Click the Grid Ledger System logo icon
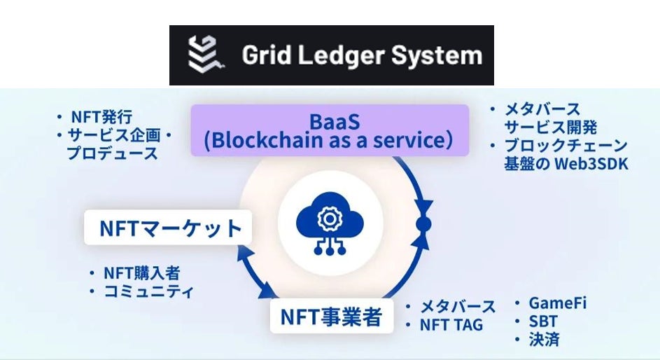click(204, 54)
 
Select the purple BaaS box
click(330, 130)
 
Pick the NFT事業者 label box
click(331, 317)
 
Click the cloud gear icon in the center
click(328, 225)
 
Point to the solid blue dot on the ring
click(423, 224)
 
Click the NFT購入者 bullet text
click(146, 273)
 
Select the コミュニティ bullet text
click(149, 291)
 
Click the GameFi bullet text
click(557, 303)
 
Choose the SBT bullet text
click(543, 321)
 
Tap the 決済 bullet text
click(544, 340)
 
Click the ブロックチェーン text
click(566, 146)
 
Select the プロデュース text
click(112, 153)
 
